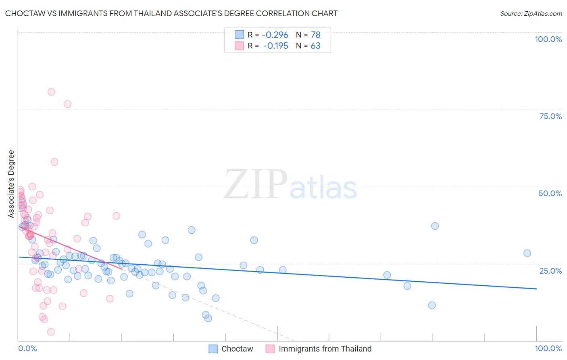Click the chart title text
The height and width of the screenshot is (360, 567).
(171, 13)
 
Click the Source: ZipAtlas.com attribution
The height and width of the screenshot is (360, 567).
(531, 13)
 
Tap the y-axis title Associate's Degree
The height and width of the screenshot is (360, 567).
(11, 184)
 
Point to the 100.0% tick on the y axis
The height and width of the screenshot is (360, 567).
(548, 39)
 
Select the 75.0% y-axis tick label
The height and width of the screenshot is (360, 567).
(550, 116)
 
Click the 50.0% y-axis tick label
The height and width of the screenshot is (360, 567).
(550, 193)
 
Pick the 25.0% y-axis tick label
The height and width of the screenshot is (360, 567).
(550, 270)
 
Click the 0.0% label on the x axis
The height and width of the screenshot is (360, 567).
(27, 348)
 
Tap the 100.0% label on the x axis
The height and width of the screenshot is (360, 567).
(548, 348)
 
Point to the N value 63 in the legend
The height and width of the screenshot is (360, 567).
(315, 46)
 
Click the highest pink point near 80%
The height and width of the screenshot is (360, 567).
(51, 92)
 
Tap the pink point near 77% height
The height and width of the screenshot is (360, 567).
(67, 104)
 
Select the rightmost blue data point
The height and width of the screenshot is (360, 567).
(527, 253)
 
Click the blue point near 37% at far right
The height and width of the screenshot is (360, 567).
(435, 226)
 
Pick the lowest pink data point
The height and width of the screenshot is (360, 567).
(51, 332)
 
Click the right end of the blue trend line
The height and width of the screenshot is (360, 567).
(536, 289)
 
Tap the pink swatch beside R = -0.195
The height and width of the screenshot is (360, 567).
(239, 46)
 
